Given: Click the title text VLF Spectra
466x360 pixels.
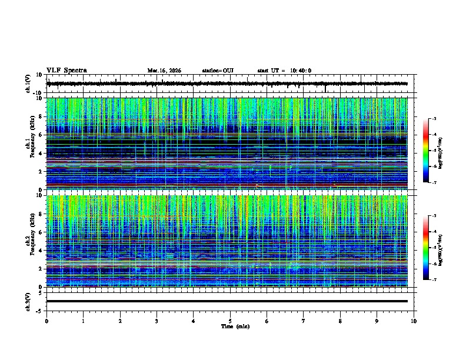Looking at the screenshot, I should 66,71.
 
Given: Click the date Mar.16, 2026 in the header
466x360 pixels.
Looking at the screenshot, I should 164,71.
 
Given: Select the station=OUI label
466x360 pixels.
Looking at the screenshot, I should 218,71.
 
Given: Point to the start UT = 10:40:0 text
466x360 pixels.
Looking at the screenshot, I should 284,71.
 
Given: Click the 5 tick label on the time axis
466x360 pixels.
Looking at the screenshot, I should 230,321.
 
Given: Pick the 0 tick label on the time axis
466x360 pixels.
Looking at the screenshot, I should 46,321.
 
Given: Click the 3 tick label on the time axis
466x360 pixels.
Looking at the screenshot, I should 157,321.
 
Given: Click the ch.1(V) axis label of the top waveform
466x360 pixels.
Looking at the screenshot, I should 28,84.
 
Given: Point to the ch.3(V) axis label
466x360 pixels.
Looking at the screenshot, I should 28,301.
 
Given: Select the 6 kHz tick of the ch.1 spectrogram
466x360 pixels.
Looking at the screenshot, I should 42,135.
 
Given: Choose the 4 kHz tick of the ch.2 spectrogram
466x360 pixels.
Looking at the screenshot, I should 42,250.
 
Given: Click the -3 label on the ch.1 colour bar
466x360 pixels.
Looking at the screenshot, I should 434,119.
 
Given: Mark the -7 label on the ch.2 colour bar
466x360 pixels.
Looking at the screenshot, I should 434,280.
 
